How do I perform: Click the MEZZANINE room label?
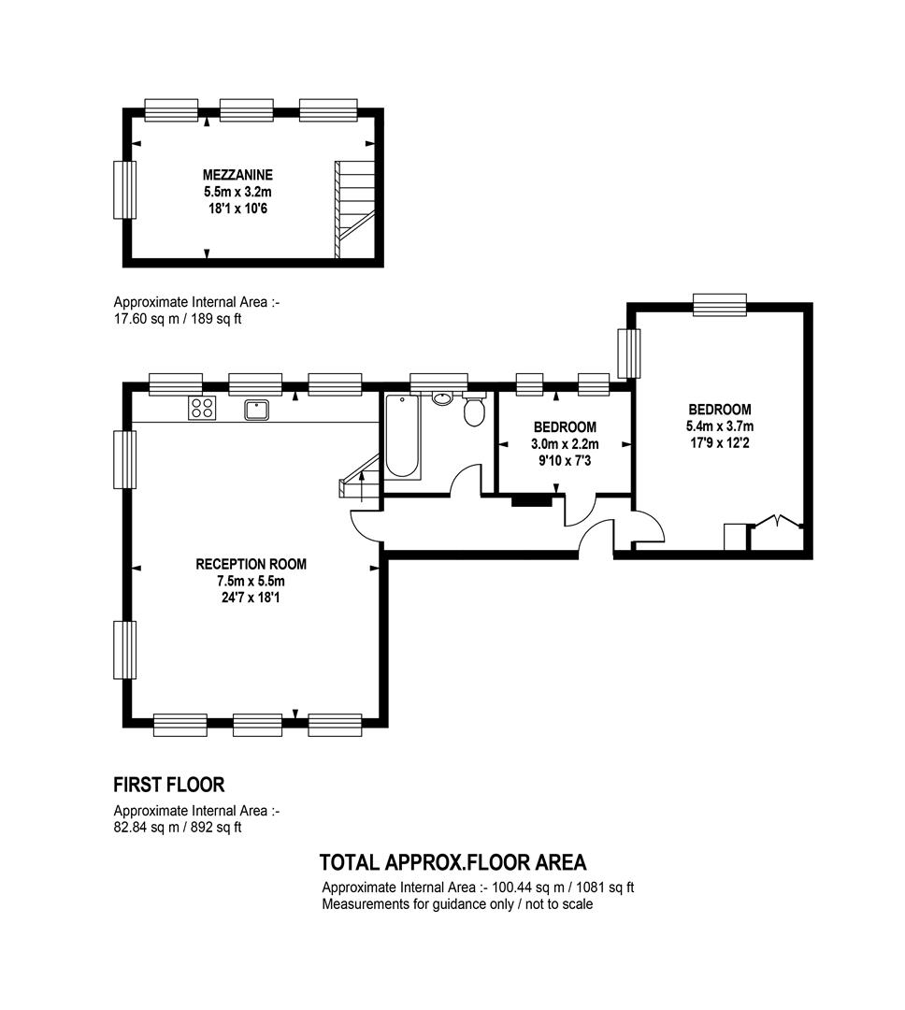tap(237, 175)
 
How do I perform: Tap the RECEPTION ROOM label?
tap(251, 564)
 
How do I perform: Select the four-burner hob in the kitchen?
tap(202, 408)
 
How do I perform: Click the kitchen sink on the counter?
tap(256, 410)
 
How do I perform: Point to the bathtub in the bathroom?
tap(403, 437)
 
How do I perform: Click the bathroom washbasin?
tap(442, 397)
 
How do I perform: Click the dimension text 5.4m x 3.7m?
tap(720, 426)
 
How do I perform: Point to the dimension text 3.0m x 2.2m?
tap(565, 444)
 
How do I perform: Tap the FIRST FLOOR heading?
tap(169, 785)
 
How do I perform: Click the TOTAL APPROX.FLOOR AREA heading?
tap(452, 862)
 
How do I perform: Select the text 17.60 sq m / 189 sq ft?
tap(178, 318)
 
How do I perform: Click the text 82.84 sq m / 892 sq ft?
tap(178, 827)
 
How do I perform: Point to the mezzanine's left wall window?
tap(125, 190)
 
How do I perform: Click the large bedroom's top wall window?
tap(720, 305)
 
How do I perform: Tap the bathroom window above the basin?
tap(439, 382)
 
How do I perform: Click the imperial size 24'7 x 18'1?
tap(251, 598)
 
